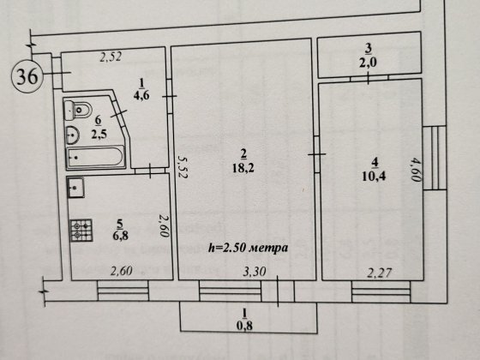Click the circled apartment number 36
27,76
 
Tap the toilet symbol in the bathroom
78,110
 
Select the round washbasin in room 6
73,135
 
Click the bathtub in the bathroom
95,158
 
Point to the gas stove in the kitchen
81,231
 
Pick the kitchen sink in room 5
75,188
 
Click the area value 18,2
243,168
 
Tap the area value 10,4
374,177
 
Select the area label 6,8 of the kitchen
120,235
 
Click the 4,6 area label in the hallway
141,95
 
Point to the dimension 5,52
183,167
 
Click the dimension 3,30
255,271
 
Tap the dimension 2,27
380,273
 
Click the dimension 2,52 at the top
111,57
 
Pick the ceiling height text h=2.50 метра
249,248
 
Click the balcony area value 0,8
244,326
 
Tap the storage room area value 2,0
369,63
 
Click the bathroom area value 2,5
99,135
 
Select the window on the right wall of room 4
435,158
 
